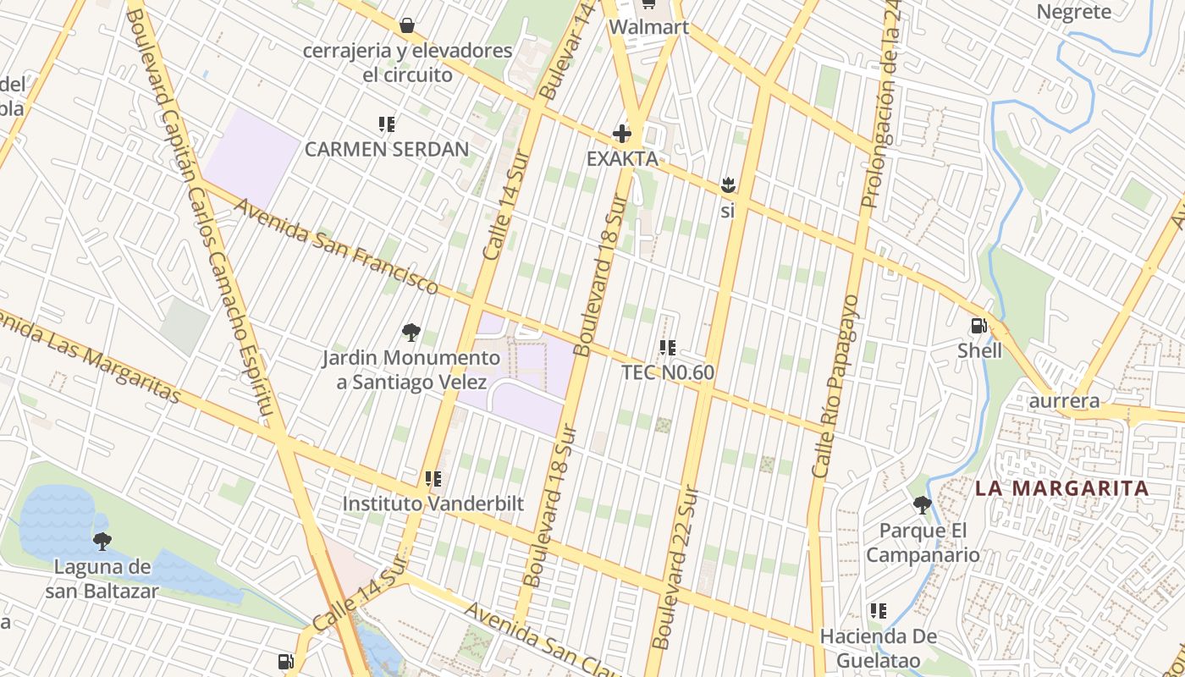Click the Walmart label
click(x=648, y=27)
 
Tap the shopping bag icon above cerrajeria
click(x=407, y=25)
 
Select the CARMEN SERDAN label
click(x=386, y=150)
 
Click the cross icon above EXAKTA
click(x=622, y=134)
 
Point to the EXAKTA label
click(x=622, y=158)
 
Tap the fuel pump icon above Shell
click(x=978, y=326)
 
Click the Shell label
click(x=979, y=350)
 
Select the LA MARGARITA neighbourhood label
click(x=1061, y=488)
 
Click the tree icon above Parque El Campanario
click(x=922, y=505)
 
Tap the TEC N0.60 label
click(x=668, y=372)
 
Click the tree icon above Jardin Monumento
click(x=411, y=333)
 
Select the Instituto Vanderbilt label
click(x=433, y=504)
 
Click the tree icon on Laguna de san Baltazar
click(x=102, y=541)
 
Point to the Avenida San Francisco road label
click(x=336, y=246)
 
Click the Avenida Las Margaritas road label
click(x=89, y=356)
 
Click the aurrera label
click(x=1064, y=400)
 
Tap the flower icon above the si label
click(x=727, y=184)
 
